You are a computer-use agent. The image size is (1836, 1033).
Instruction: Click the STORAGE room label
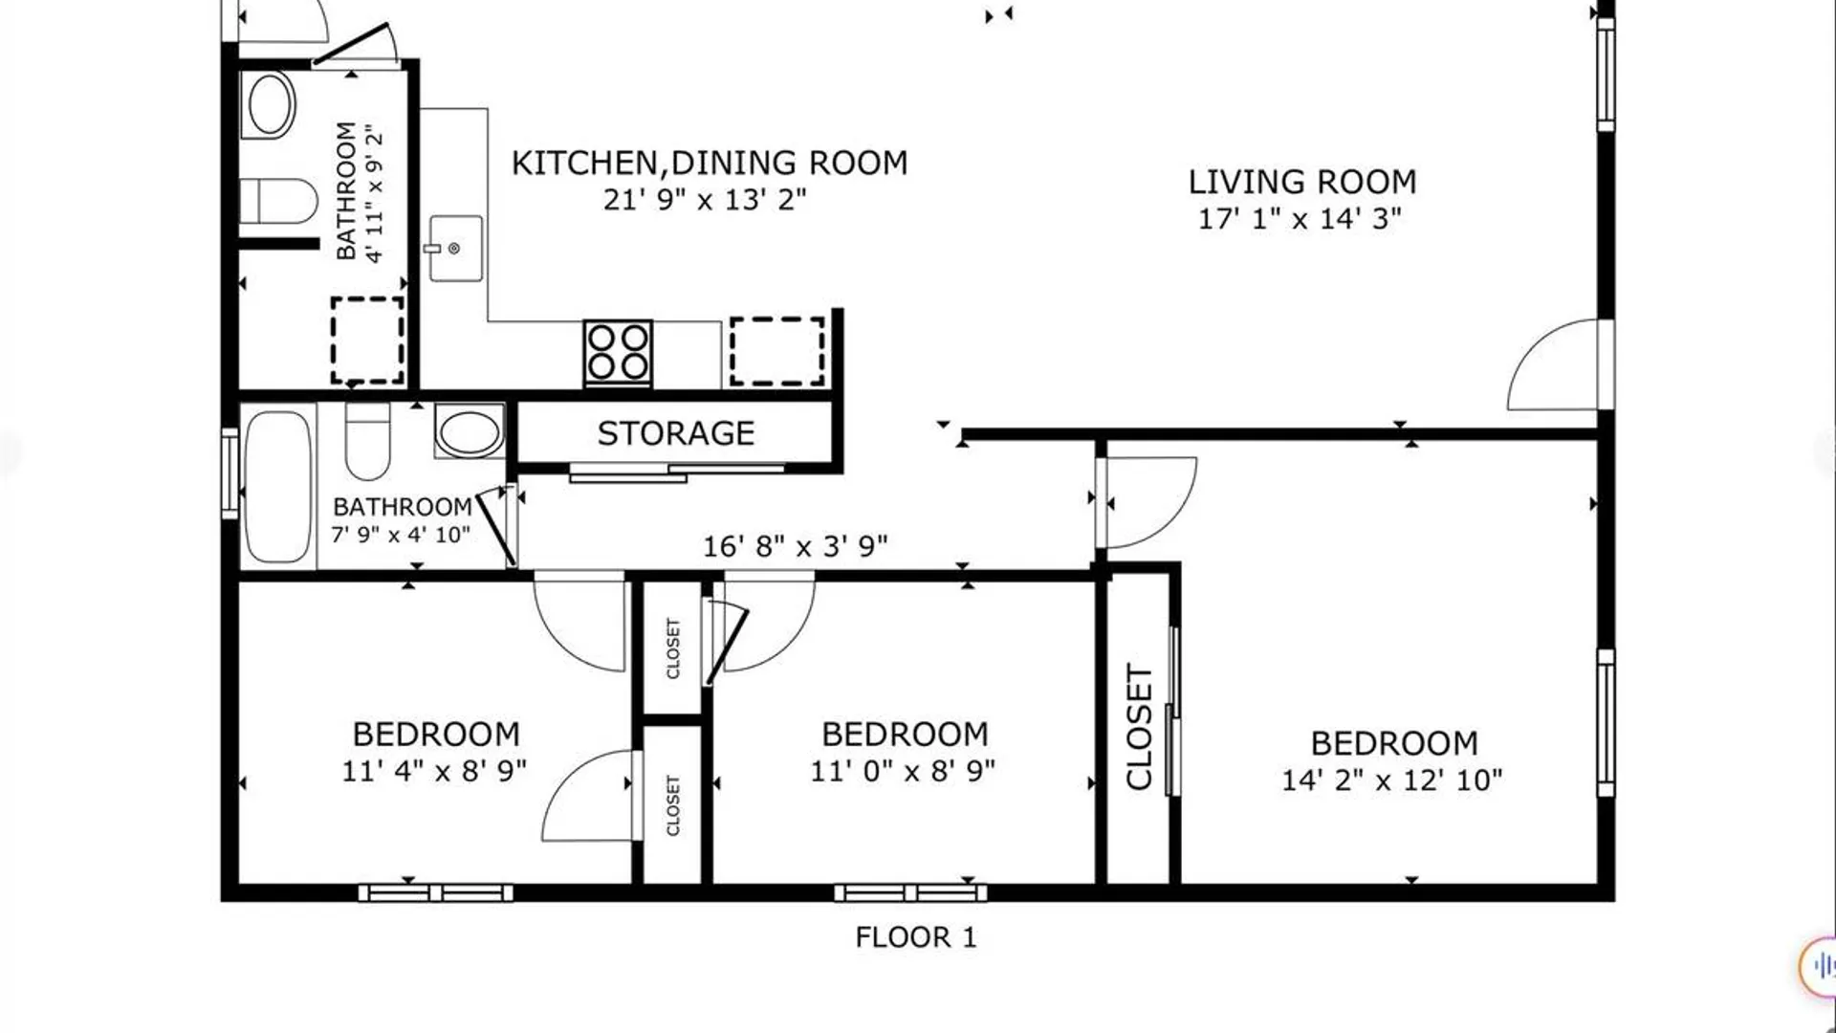(676, 433)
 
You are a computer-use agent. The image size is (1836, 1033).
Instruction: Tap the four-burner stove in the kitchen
(618, 353)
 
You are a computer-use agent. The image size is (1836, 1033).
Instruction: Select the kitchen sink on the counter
(456, 249)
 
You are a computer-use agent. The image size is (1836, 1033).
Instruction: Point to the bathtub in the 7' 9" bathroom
(278, 487)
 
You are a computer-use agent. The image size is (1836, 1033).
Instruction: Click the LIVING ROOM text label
(1301, 182)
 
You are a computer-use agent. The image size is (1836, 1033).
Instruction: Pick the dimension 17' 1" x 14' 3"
(1300, 218)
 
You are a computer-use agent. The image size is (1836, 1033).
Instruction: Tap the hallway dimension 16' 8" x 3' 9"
(796, 546)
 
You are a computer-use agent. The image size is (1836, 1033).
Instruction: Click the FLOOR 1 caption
(916, 937)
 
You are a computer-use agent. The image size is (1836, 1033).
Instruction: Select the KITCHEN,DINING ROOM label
(710, 164)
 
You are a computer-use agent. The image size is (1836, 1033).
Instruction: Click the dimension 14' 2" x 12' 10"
(1392, 780)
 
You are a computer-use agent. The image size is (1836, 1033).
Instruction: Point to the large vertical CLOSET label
(1139, 727)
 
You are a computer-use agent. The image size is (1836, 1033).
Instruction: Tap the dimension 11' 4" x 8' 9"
(434, 771)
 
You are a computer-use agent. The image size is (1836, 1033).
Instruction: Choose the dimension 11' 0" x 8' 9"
(903, 771)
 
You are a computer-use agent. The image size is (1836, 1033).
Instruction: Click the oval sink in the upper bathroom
(270, 103)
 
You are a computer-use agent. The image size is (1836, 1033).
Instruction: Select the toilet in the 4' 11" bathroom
(277, 201)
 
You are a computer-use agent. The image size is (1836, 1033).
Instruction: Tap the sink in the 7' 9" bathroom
(469, 431)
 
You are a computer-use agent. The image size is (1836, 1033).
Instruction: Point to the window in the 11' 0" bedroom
(910, 893)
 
